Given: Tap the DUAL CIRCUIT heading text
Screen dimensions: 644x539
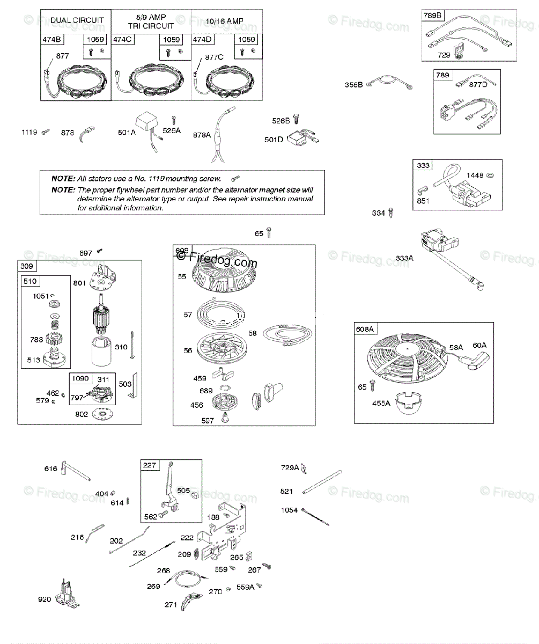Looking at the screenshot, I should click(77, 21).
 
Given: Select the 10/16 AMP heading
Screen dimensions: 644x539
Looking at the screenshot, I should click(224, 21).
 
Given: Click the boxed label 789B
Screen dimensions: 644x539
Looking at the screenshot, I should click(432, 16).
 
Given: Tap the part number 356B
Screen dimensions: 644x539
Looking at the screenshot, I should click(353, 85).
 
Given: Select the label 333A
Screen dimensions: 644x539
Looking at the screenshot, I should click(405, 258).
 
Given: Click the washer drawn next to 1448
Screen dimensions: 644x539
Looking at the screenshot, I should click(490, 176).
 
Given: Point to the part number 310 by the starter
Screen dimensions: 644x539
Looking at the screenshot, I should click(121, 347).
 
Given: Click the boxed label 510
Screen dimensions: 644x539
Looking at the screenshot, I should click(29, 282).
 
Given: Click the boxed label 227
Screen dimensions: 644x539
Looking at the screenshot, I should click(150, 465).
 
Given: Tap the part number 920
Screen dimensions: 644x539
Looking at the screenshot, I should click(44, 599).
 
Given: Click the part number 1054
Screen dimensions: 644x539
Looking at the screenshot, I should click(289, 510).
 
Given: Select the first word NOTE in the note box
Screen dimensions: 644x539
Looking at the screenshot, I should click(63, 178).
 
